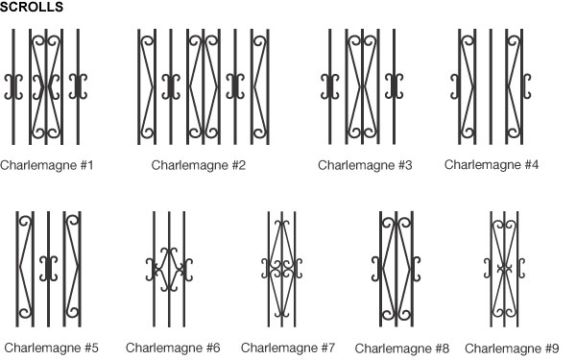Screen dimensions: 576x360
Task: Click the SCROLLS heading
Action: tap(32, 7)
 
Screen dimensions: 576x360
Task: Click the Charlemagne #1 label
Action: tap(47, 165)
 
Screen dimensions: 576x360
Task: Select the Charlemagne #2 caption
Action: tap(199, 165)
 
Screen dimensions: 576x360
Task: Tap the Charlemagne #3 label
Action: tap(365, 165)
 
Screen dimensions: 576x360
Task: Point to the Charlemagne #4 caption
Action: tap(492, 164)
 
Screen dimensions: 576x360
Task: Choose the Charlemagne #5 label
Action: tap(52, 348)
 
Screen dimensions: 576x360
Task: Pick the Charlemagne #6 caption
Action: tap(173, 348)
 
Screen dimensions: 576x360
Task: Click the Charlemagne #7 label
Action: tap(288, 348)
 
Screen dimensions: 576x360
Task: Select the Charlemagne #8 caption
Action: tap(402, 348)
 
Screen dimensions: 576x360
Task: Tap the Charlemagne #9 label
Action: tap(512, 348)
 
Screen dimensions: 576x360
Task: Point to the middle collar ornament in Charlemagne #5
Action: tap(49, 269)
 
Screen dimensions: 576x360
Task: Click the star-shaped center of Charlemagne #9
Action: tap(504, 269)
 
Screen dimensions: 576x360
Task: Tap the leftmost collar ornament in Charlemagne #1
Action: tap(13, 86)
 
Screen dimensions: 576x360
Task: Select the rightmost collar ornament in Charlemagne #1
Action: tap(78, 86)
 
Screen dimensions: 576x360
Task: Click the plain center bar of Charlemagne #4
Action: tap(491, 86)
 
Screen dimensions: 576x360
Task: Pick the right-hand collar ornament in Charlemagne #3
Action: tap(395, 86)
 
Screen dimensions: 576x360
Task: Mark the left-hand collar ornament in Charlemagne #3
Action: tap(330, 86)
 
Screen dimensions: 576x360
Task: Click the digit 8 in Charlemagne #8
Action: tap(445, 348)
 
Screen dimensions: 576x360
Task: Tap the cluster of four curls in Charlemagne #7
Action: tap(281, 269)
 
